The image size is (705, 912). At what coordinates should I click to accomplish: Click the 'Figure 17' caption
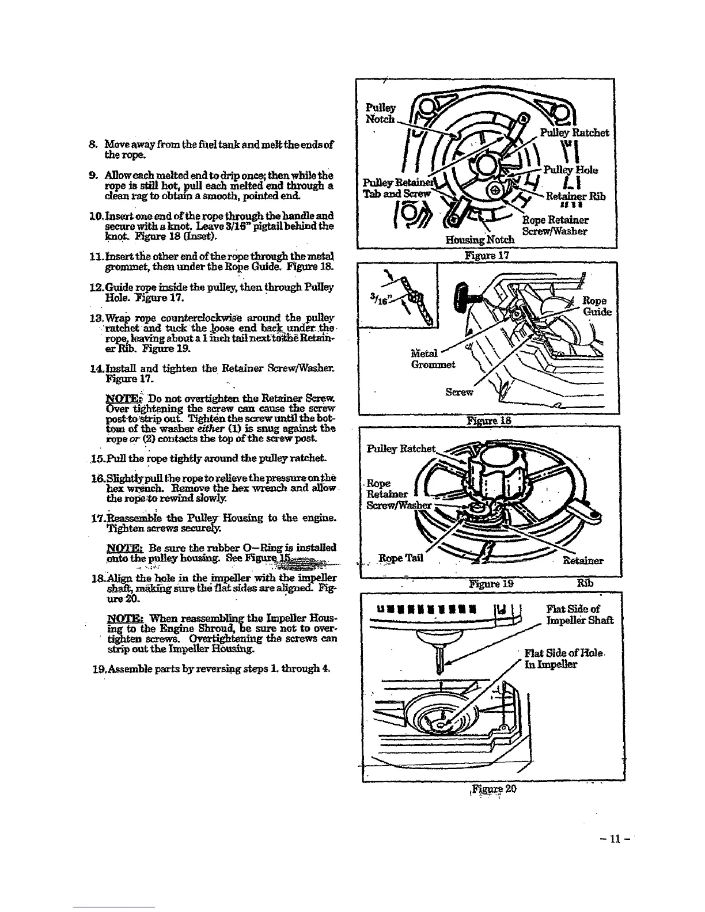488,254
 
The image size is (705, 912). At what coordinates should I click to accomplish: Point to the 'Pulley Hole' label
570,170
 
